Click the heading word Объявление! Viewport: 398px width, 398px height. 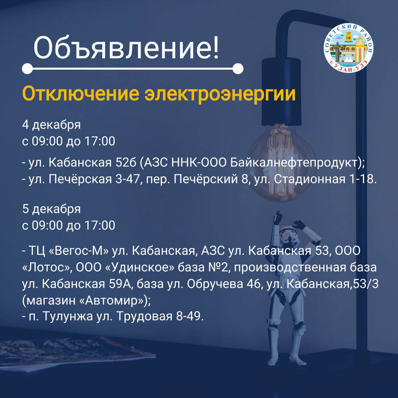point(126,47)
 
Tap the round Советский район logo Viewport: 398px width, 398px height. point(349,48)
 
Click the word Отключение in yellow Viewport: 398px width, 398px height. point(81,94)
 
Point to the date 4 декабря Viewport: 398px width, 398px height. point(51,125)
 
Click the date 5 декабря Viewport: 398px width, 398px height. point(51,209)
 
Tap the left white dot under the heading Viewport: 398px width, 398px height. point(27,69)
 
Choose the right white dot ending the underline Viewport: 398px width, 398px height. point(238,69)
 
